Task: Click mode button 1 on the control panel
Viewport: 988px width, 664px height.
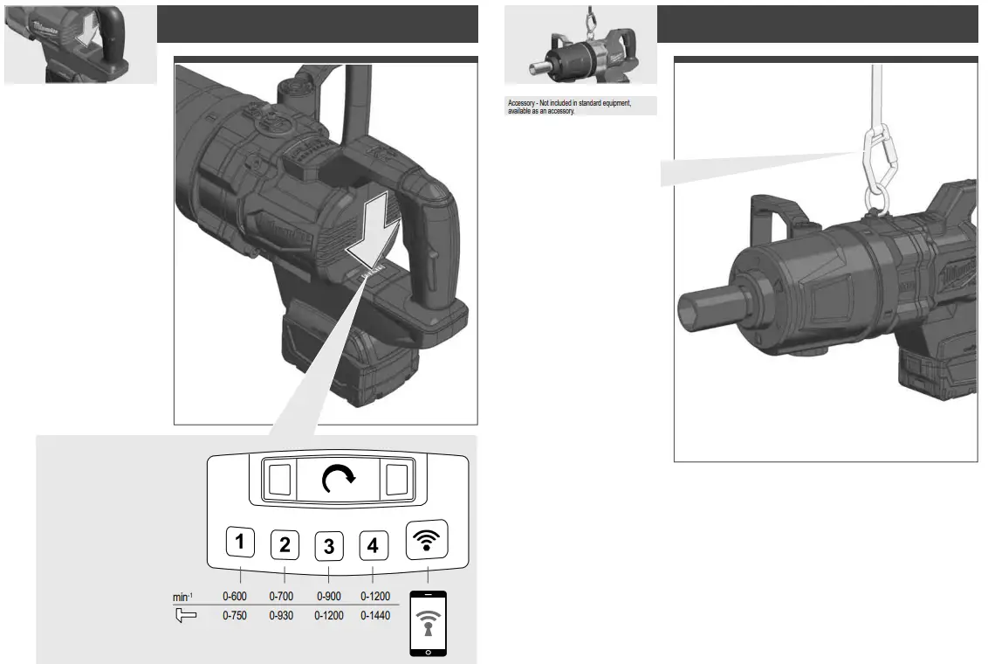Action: point(240,543)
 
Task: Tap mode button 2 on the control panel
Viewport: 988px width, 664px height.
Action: point(285,545)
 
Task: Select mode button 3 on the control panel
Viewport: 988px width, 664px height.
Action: point(328,546)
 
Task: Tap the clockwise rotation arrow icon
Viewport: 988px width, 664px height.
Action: point(339,479)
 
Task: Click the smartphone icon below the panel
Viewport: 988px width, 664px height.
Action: point(428,624)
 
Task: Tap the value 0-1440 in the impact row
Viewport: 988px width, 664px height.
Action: point(373,615)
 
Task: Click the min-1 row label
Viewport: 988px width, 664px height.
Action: point(182,597)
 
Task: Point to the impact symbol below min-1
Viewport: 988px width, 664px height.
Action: point(185,615)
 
